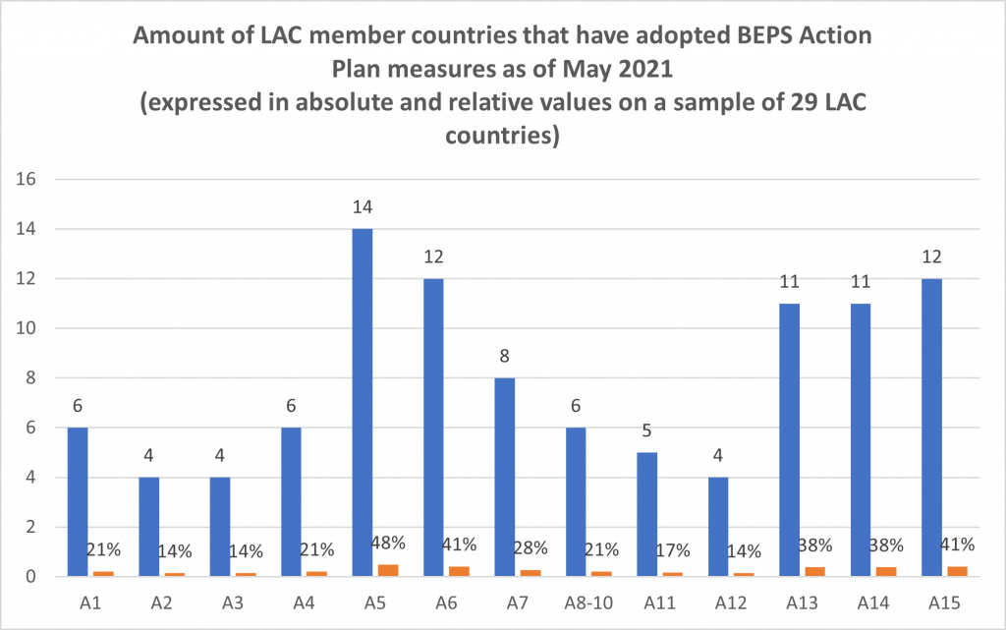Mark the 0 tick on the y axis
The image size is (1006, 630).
pyautogui.click(x=30, y=577)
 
